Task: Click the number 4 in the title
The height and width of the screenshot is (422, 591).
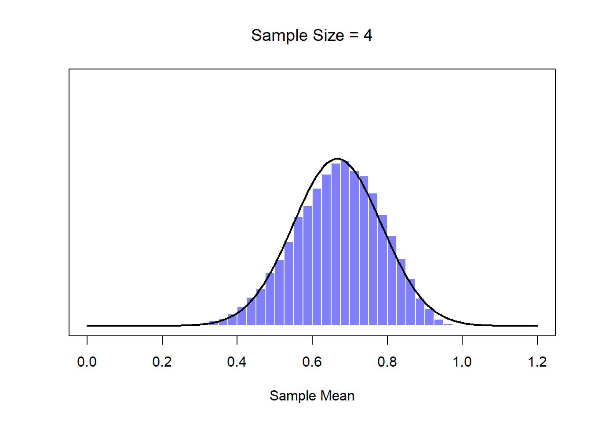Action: (368, 36)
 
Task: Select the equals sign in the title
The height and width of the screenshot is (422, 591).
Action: (354, 36)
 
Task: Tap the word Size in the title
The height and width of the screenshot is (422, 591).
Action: (328, 36)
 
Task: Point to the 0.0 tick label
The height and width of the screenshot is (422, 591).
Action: (87, 362)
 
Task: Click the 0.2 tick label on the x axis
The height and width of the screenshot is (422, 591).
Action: (162, 362)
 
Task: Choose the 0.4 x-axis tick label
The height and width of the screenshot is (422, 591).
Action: (237, 362)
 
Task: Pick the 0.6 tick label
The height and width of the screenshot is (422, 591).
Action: (312, 362)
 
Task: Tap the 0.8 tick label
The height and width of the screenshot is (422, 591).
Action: (387, 362)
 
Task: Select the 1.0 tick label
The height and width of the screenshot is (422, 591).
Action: (462, 362)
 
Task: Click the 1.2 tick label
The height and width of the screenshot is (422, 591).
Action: (537, 362)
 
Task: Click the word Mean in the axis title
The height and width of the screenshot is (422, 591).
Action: (337, 396)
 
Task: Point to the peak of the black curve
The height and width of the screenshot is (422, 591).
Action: (336, 158)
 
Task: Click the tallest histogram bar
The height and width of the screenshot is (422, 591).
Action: (345, 242)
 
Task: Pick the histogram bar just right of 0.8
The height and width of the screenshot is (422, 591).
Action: (392, 281)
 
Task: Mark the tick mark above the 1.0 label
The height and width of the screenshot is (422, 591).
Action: (462, 340)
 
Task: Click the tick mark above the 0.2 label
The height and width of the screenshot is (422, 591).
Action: (162, 340)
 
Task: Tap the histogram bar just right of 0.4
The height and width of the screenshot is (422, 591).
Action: (242, 316)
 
